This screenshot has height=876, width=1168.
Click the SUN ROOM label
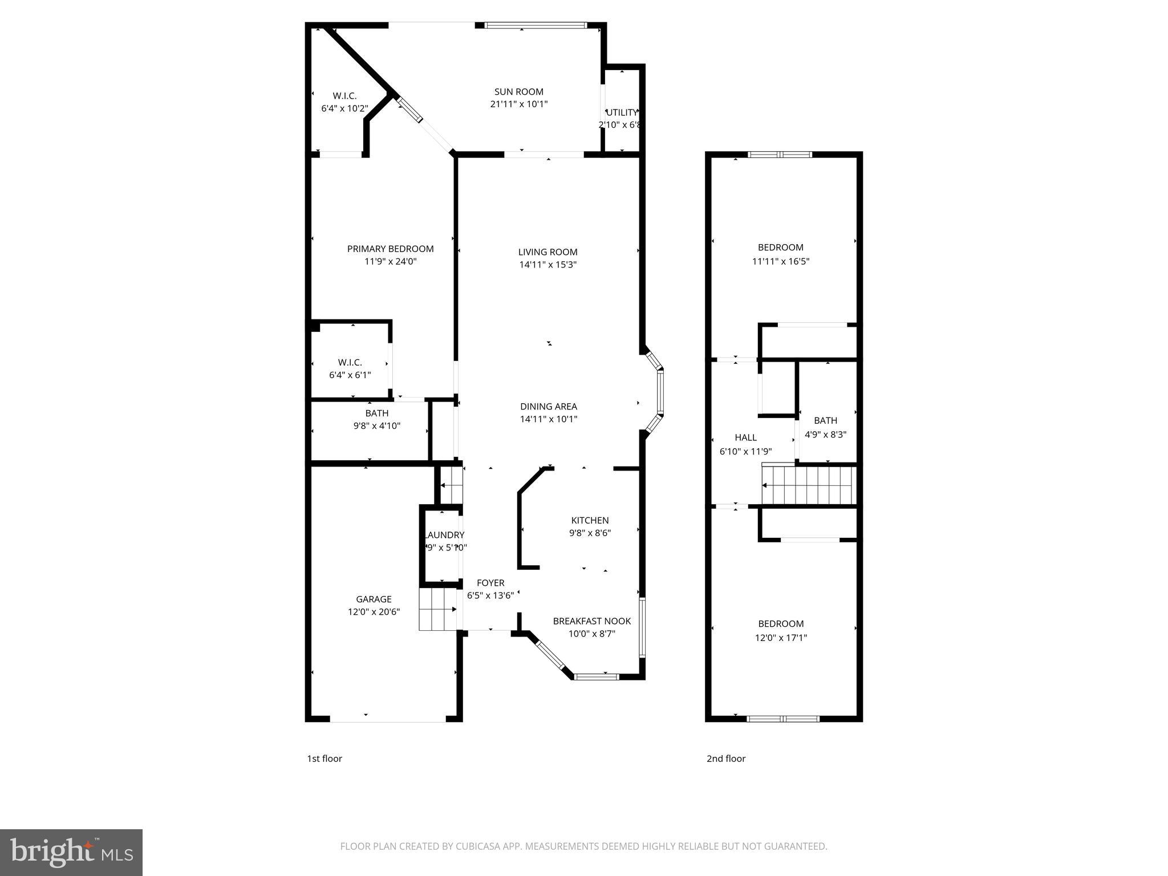point(518,91)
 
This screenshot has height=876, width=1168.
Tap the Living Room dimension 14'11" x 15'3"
point(547,265)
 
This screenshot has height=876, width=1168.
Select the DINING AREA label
point(548,407)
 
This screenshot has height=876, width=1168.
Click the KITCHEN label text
point(590,520)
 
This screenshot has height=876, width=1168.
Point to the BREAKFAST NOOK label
point(591,621)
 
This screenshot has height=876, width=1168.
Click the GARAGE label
point(374,599)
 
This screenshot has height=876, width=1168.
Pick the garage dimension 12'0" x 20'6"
point(374,612)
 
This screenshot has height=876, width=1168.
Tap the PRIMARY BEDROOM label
point(390,249)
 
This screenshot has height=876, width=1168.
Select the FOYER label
point(490,583)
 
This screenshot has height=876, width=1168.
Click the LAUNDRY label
point(444,535)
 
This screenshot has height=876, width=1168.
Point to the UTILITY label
point(622,112)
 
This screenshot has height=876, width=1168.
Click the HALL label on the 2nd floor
point(745,437)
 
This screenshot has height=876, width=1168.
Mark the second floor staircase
point(809,485)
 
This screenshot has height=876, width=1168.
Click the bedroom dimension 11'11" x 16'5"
point(780,262)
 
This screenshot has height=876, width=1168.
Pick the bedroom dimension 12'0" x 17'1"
point(780,638)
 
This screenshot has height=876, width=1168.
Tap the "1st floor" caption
point(325,759)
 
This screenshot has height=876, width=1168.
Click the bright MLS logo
point(71,852)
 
